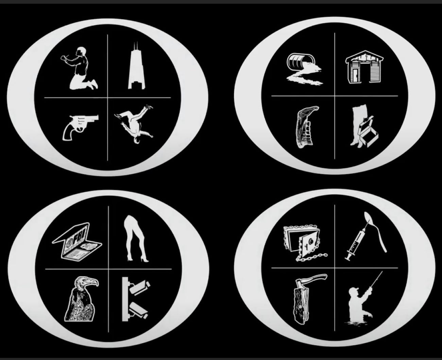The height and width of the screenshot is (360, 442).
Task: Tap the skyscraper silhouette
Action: (x=137, y=69)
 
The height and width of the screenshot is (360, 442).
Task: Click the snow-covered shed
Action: (x=364, y=67)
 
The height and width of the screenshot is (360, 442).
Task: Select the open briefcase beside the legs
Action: (x=369, y=132)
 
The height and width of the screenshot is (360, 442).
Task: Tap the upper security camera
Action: (x=139, y=287)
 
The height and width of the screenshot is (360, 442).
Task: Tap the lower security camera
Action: (x=138, y=311)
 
